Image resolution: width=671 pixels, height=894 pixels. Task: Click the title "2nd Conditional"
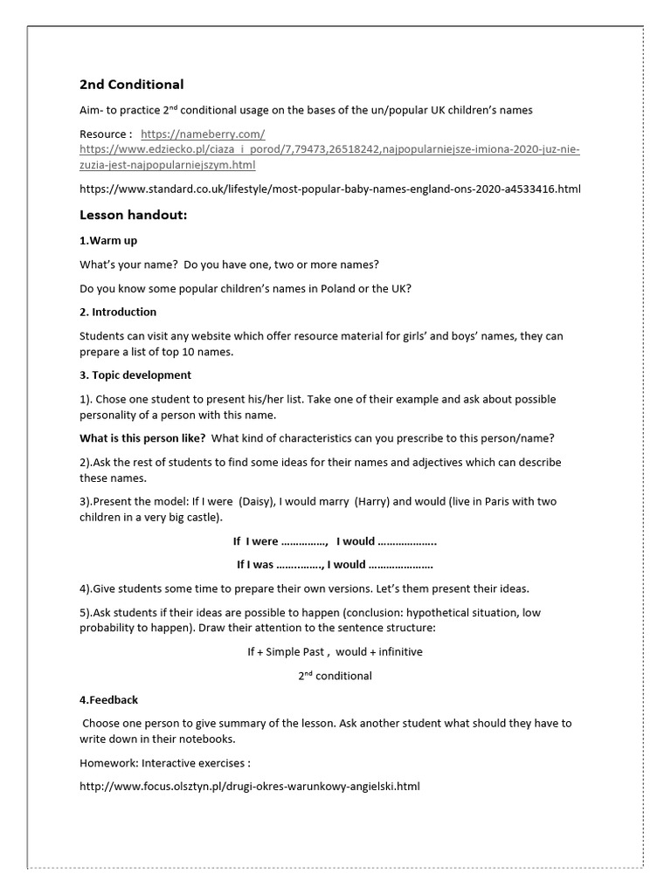point(131,85)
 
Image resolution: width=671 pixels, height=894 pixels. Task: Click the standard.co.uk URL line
point(329,188)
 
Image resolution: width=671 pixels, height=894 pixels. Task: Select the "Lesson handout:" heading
point(133,215)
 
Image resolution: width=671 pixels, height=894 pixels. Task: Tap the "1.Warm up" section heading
point(108,240)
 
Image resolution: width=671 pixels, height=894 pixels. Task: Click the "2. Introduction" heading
point(118,312)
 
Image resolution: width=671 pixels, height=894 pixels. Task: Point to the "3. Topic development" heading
point(135,375)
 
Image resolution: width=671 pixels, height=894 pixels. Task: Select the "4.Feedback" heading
point(108,699)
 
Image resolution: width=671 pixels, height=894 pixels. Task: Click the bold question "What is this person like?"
point(142,437)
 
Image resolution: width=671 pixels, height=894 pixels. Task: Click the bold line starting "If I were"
point(335,541)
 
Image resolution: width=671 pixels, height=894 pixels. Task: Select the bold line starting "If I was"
point(335,564)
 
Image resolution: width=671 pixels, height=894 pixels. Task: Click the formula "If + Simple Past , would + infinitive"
point(335,651)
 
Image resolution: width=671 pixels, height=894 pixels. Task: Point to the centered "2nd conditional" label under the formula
point(335,675)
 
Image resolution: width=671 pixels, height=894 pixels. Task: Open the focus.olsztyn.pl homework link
point(249,786)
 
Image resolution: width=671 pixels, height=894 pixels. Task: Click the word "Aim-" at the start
point(93,110)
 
